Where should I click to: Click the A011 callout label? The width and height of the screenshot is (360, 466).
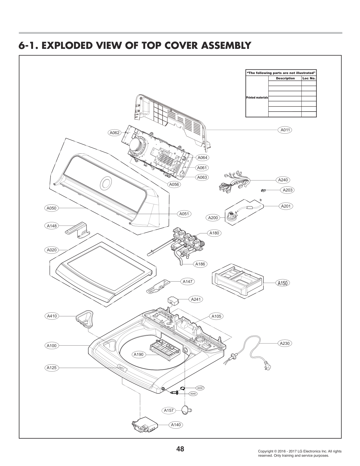pyautogui.click(x=285, y=130)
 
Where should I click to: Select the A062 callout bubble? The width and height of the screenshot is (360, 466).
pyautogui.click(x=114, y=133)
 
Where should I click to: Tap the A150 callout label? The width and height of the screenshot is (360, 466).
pyautogui.click(x=282, y=283)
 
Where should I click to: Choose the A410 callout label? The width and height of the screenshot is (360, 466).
pyautogui.click(x=52, y=316)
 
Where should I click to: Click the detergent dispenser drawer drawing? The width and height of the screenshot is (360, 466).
pyautogui.click(x=238, y=281)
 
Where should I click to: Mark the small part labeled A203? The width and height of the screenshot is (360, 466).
pyautogui.click(x=263, y=190)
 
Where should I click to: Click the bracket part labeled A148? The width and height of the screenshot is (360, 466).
pyautogui.click(x=77, y=230)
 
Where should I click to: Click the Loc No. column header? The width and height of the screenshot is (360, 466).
pyautogui.click(x=309, y=78)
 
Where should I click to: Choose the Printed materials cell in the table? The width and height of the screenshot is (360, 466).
pyautogui.click(x=257, y=97)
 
